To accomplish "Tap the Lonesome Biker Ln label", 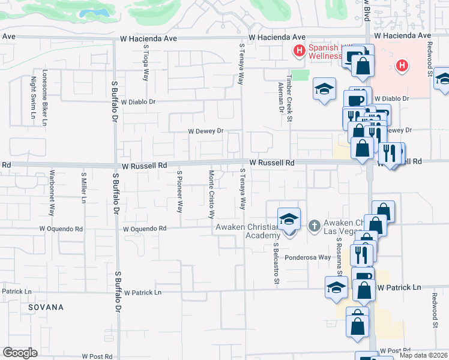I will point(44,98).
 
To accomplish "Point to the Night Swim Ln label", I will point(33,100).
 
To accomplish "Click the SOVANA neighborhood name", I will point(46,307).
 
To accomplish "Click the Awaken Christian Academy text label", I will point(246,231).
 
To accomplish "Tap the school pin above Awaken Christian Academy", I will point(289,219).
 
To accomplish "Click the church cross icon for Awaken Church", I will point(313,226).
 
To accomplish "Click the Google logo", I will point(20,353).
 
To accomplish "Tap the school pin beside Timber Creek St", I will point(324,90).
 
